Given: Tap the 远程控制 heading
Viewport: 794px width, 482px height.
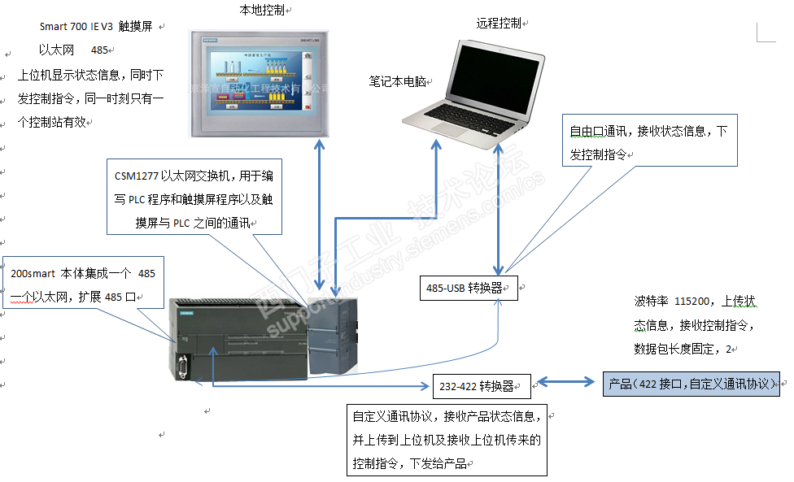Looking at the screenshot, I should (x=498, y=24).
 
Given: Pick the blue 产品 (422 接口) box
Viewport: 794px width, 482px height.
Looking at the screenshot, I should (x=691, y=384).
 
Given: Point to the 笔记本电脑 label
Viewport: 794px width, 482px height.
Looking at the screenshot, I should (x=397, y=81).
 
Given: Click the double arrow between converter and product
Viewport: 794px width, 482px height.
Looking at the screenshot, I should (x=567, y=383).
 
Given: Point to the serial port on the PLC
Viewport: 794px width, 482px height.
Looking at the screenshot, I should (x=183, y=368).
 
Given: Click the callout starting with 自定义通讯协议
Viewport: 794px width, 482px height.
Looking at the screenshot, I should (x=446, y=440).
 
